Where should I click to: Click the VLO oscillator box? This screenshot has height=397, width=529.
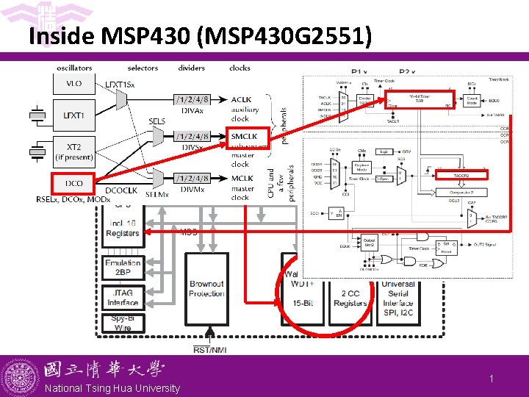click(74, 85)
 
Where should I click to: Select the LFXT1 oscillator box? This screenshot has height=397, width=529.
click(74, 115)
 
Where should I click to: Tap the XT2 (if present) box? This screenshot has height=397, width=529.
click(74, 152)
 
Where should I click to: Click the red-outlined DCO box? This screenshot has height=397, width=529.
click(74, 183)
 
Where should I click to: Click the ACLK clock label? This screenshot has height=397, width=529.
click(241, 99)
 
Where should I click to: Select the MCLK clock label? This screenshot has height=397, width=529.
click(242, 179)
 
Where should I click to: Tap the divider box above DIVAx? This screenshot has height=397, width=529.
click(192, 99)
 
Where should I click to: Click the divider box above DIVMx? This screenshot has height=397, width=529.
click(192, 179)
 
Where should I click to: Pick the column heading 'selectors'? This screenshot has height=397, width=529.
click(143, 68)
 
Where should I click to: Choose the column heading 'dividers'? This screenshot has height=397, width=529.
click(192, 68)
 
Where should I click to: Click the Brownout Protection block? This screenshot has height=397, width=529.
click(206, 289)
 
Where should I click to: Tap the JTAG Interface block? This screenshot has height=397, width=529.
click(123, 298)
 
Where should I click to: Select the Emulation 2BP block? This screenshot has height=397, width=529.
click(123, 267)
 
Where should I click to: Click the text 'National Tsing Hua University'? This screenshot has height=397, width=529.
click(112, 388)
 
